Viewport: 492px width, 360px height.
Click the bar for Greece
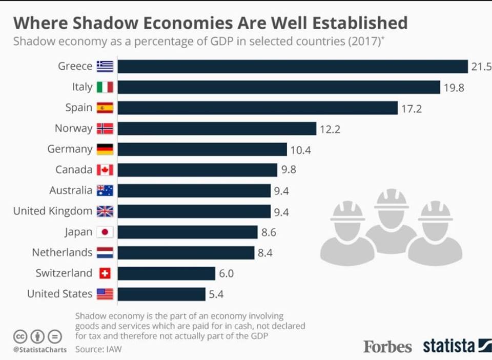[293, 66]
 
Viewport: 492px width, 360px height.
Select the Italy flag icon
[105, 87]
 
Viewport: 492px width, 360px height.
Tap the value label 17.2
[412, 108]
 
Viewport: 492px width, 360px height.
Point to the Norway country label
[73, 128]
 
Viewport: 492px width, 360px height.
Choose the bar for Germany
[202, 149]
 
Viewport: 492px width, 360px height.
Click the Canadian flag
[105, 170]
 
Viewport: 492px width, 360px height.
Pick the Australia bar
[194, 190]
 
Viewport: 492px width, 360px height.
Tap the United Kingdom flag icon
[105, 211]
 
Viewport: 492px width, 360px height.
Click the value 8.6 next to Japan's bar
[269, 232]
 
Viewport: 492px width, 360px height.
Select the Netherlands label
[62, 252]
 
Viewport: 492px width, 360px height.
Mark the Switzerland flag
[105, 273]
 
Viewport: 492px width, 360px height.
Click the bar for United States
[161, 294]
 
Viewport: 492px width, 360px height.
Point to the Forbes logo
[387, 347]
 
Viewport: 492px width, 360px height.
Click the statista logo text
[449, 346]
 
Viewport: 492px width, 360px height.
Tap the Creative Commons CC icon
[20, 336]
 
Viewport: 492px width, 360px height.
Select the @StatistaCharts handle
[40, 350]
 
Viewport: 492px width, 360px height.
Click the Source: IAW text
[98, 349]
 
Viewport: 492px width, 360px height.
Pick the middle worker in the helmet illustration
[391, 221]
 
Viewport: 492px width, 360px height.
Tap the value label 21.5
[481, 66]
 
